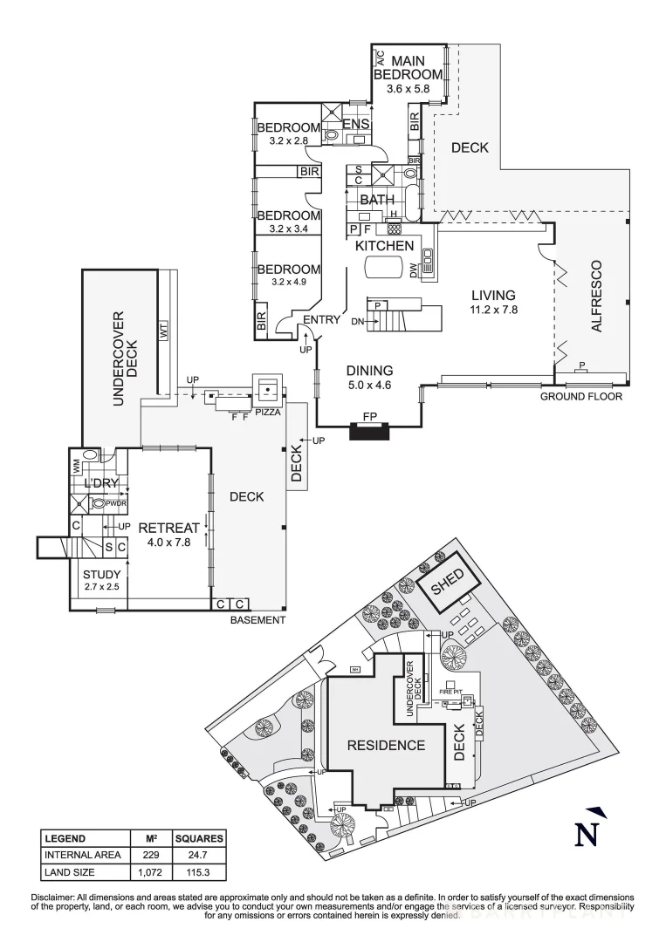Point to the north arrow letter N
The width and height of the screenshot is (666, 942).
coord(590,834)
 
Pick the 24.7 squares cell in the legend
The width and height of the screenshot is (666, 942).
coord(198,855)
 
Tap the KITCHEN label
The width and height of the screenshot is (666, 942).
coord(383,247)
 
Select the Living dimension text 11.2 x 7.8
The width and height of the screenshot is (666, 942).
coord(493,310)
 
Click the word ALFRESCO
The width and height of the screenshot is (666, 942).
coord(597,295)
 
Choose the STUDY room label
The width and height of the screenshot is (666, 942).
coord(101,574)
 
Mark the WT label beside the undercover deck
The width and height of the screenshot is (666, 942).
coord(163,331)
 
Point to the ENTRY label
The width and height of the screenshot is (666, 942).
coord(321,320)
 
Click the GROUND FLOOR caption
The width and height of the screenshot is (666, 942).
coord(581,396)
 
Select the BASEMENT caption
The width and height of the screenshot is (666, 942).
coord(257,620)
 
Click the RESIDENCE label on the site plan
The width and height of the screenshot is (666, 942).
coord(386,745)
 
